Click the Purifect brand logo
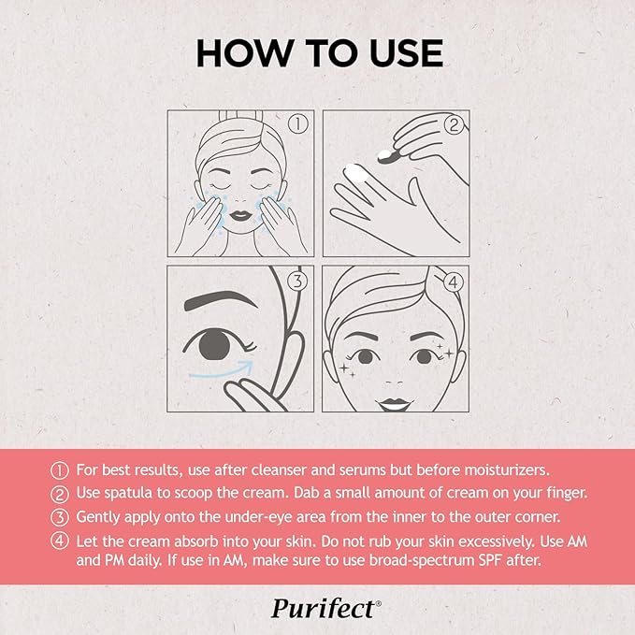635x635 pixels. click(325, 608)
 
